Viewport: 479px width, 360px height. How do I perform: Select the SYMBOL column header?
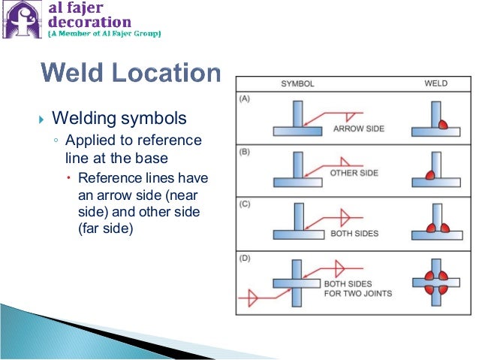297,83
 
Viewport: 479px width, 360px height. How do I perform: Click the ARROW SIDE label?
358,129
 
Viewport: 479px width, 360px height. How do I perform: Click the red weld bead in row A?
438,123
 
